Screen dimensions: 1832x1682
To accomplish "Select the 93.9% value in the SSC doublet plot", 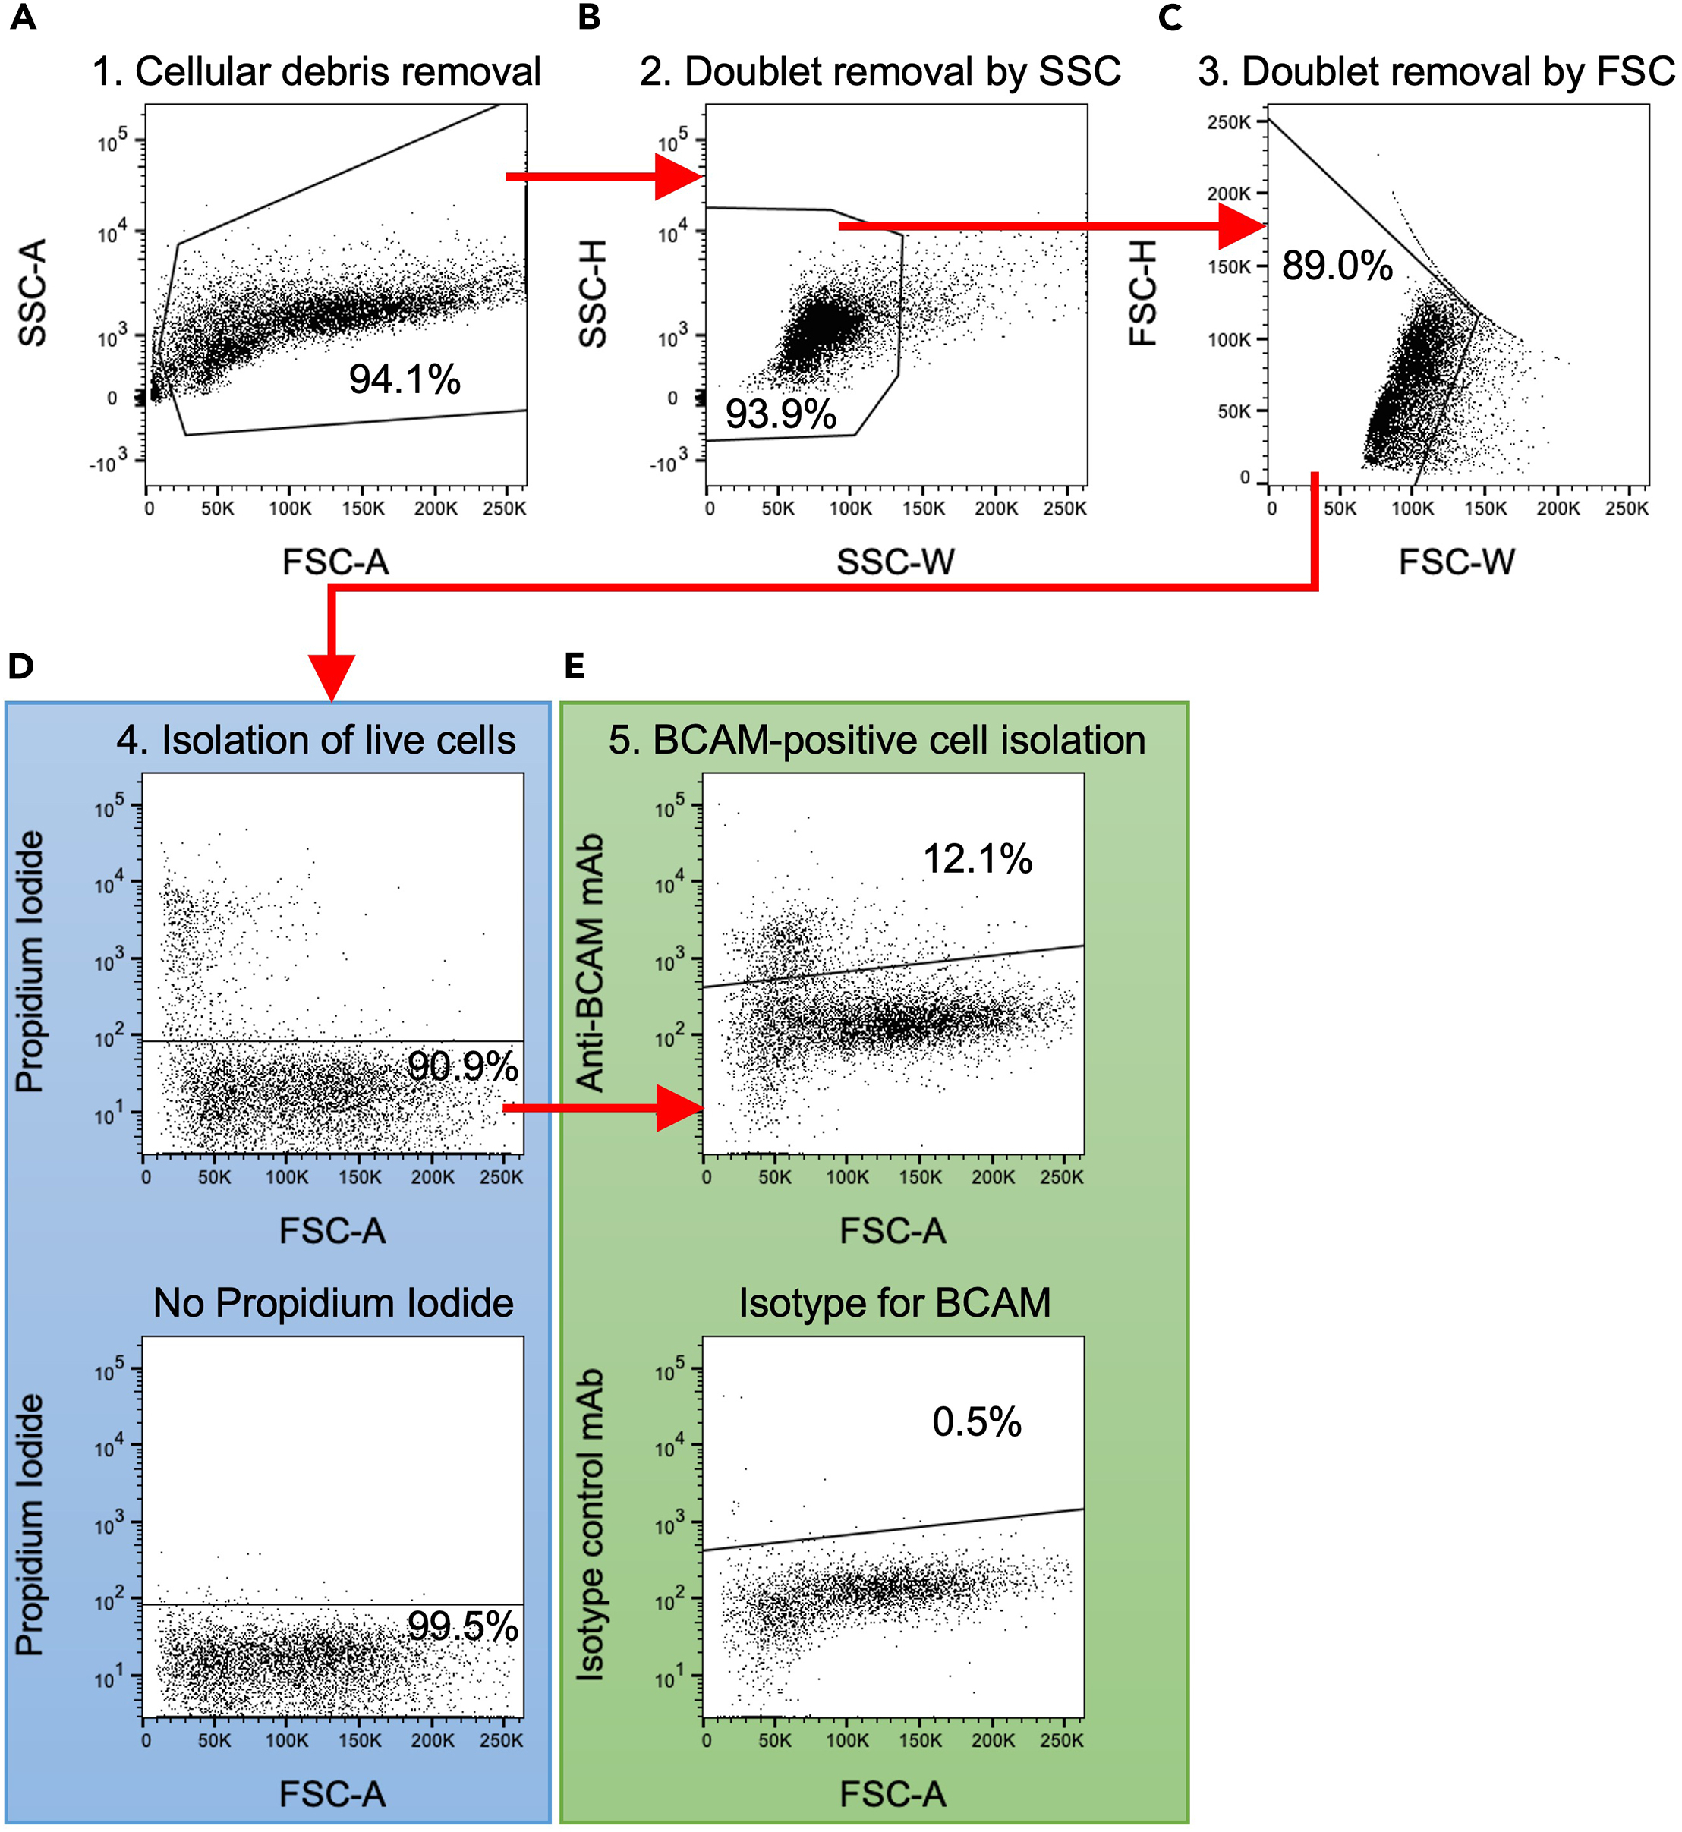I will click(x=780, y=414).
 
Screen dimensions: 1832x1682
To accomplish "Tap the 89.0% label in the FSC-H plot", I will click(x=1336, y=266).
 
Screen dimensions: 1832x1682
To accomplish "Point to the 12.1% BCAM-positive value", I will click(x=977, y=858).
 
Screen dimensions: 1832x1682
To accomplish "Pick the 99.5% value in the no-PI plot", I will click(x=462, y=1626).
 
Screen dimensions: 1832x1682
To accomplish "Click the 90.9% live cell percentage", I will click(x=462, y=1066).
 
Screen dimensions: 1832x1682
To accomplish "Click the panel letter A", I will click(x=23, y=17).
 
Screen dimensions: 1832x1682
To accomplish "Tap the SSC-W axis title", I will click(x=895, y=562).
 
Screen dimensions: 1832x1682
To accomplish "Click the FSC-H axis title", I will click(x=1143, y=293).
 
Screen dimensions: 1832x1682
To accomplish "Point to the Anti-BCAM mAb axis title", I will click(x=591, y=962).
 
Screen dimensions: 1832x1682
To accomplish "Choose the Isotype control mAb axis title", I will click(x=591, y=1525).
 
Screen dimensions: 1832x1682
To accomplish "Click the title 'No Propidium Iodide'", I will click(x=333, y=1302).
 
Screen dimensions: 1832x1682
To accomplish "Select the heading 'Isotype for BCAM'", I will click(x=894, y=1302).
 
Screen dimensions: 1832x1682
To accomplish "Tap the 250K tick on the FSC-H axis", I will click(x=1229, y=122).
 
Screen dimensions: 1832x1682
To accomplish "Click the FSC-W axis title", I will click(x=1457, y=562).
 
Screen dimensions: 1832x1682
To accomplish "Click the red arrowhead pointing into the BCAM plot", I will click(x=681, y=1107).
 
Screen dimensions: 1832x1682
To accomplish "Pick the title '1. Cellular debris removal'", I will click(x=317, y=71).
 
